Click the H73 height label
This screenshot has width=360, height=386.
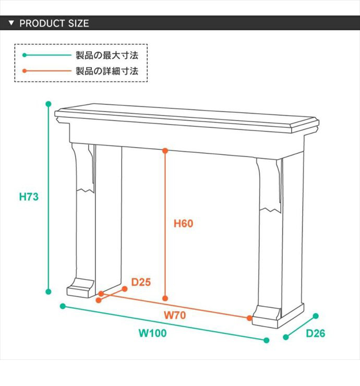tap(29, 197)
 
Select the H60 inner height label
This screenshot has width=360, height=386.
tap(183, 224)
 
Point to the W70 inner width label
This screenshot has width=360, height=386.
tap(175, 315)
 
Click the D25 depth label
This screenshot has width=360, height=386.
tap(141, 283)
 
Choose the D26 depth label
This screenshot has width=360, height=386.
tap(315, 333)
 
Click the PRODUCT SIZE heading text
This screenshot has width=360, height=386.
tap(54, 23)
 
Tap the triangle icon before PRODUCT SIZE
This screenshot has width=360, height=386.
tap(11, 23)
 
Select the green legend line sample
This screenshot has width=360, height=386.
tap(46, 55)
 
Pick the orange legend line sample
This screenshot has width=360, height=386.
tap(46, 71)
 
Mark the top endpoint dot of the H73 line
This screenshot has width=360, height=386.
tap(49, 104)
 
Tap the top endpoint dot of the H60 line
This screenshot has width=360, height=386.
tap(165, 151)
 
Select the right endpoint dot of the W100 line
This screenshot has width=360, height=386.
tap(266, 340)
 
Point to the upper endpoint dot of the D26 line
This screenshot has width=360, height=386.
tap(316, 316)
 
